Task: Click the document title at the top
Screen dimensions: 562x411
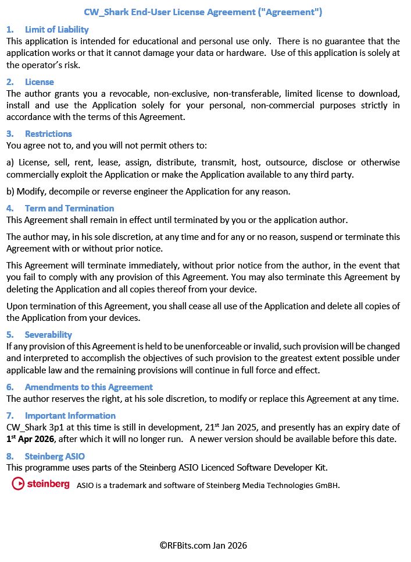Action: [x=203, y=12]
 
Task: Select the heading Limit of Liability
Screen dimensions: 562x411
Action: [x=56, y=29]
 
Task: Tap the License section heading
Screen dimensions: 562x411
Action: [x=39, y=82]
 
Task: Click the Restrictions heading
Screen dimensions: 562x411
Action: [x=48, y=133]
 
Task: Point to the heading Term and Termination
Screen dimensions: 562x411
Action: [x=69, y=208]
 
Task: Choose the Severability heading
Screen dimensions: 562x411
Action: [x=48, y=334]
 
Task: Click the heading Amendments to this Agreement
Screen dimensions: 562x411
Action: [x=88, y=387]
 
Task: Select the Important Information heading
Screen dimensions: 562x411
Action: [x=70, y=415]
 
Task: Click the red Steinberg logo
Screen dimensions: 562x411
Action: [x=41, y=483]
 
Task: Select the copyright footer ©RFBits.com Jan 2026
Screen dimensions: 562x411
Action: [x=203, y=545]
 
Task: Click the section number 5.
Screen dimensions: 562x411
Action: [x=9, y=334]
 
